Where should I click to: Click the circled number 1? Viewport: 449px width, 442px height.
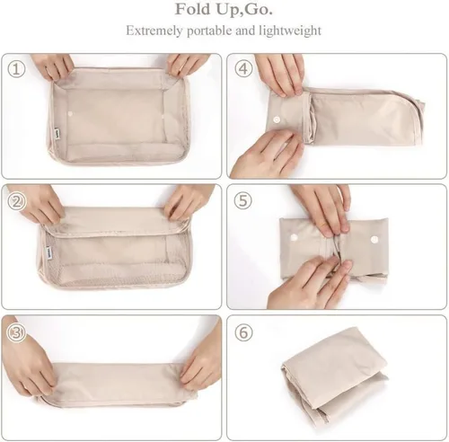tap(16, 69)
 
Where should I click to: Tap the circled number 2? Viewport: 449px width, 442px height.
tap(16, 201)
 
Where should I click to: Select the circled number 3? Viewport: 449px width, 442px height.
tap(16, 332)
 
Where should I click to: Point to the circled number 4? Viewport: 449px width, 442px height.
tap(243, 69)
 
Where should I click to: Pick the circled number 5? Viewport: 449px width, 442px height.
tap(243, 200)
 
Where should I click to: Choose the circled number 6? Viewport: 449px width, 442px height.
tap(243, 332)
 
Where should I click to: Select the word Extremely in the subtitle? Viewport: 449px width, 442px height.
tap(154, 31)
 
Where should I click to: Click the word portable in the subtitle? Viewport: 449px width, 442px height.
tap(209, 31)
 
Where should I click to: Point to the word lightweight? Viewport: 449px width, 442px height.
tap(290, 31)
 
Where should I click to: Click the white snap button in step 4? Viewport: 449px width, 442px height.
tap(277, 119)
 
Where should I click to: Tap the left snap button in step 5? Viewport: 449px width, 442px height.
tap(294, 238)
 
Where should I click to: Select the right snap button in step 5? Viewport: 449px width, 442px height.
tap(374, 239)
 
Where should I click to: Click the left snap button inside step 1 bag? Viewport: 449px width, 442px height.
tap(71, 114)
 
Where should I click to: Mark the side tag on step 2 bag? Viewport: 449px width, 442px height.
tap(49, 252)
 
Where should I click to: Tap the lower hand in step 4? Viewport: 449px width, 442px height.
tap(268, 155)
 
